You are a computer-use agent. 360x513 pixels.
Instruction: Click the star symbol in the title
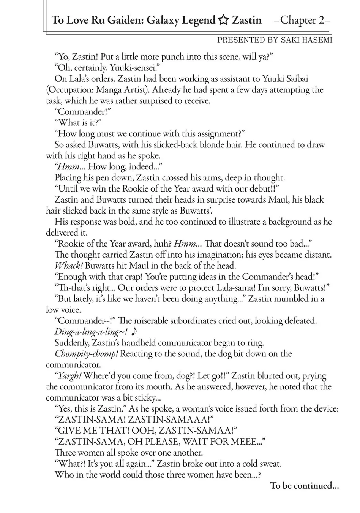click(x=223, y=20)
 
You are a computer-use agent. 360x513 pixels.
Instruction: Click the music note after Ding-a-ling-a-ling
click(x=133, y=332)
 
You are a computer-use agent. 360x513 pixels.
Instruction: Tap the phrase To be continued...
click(x=304, y=486)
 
